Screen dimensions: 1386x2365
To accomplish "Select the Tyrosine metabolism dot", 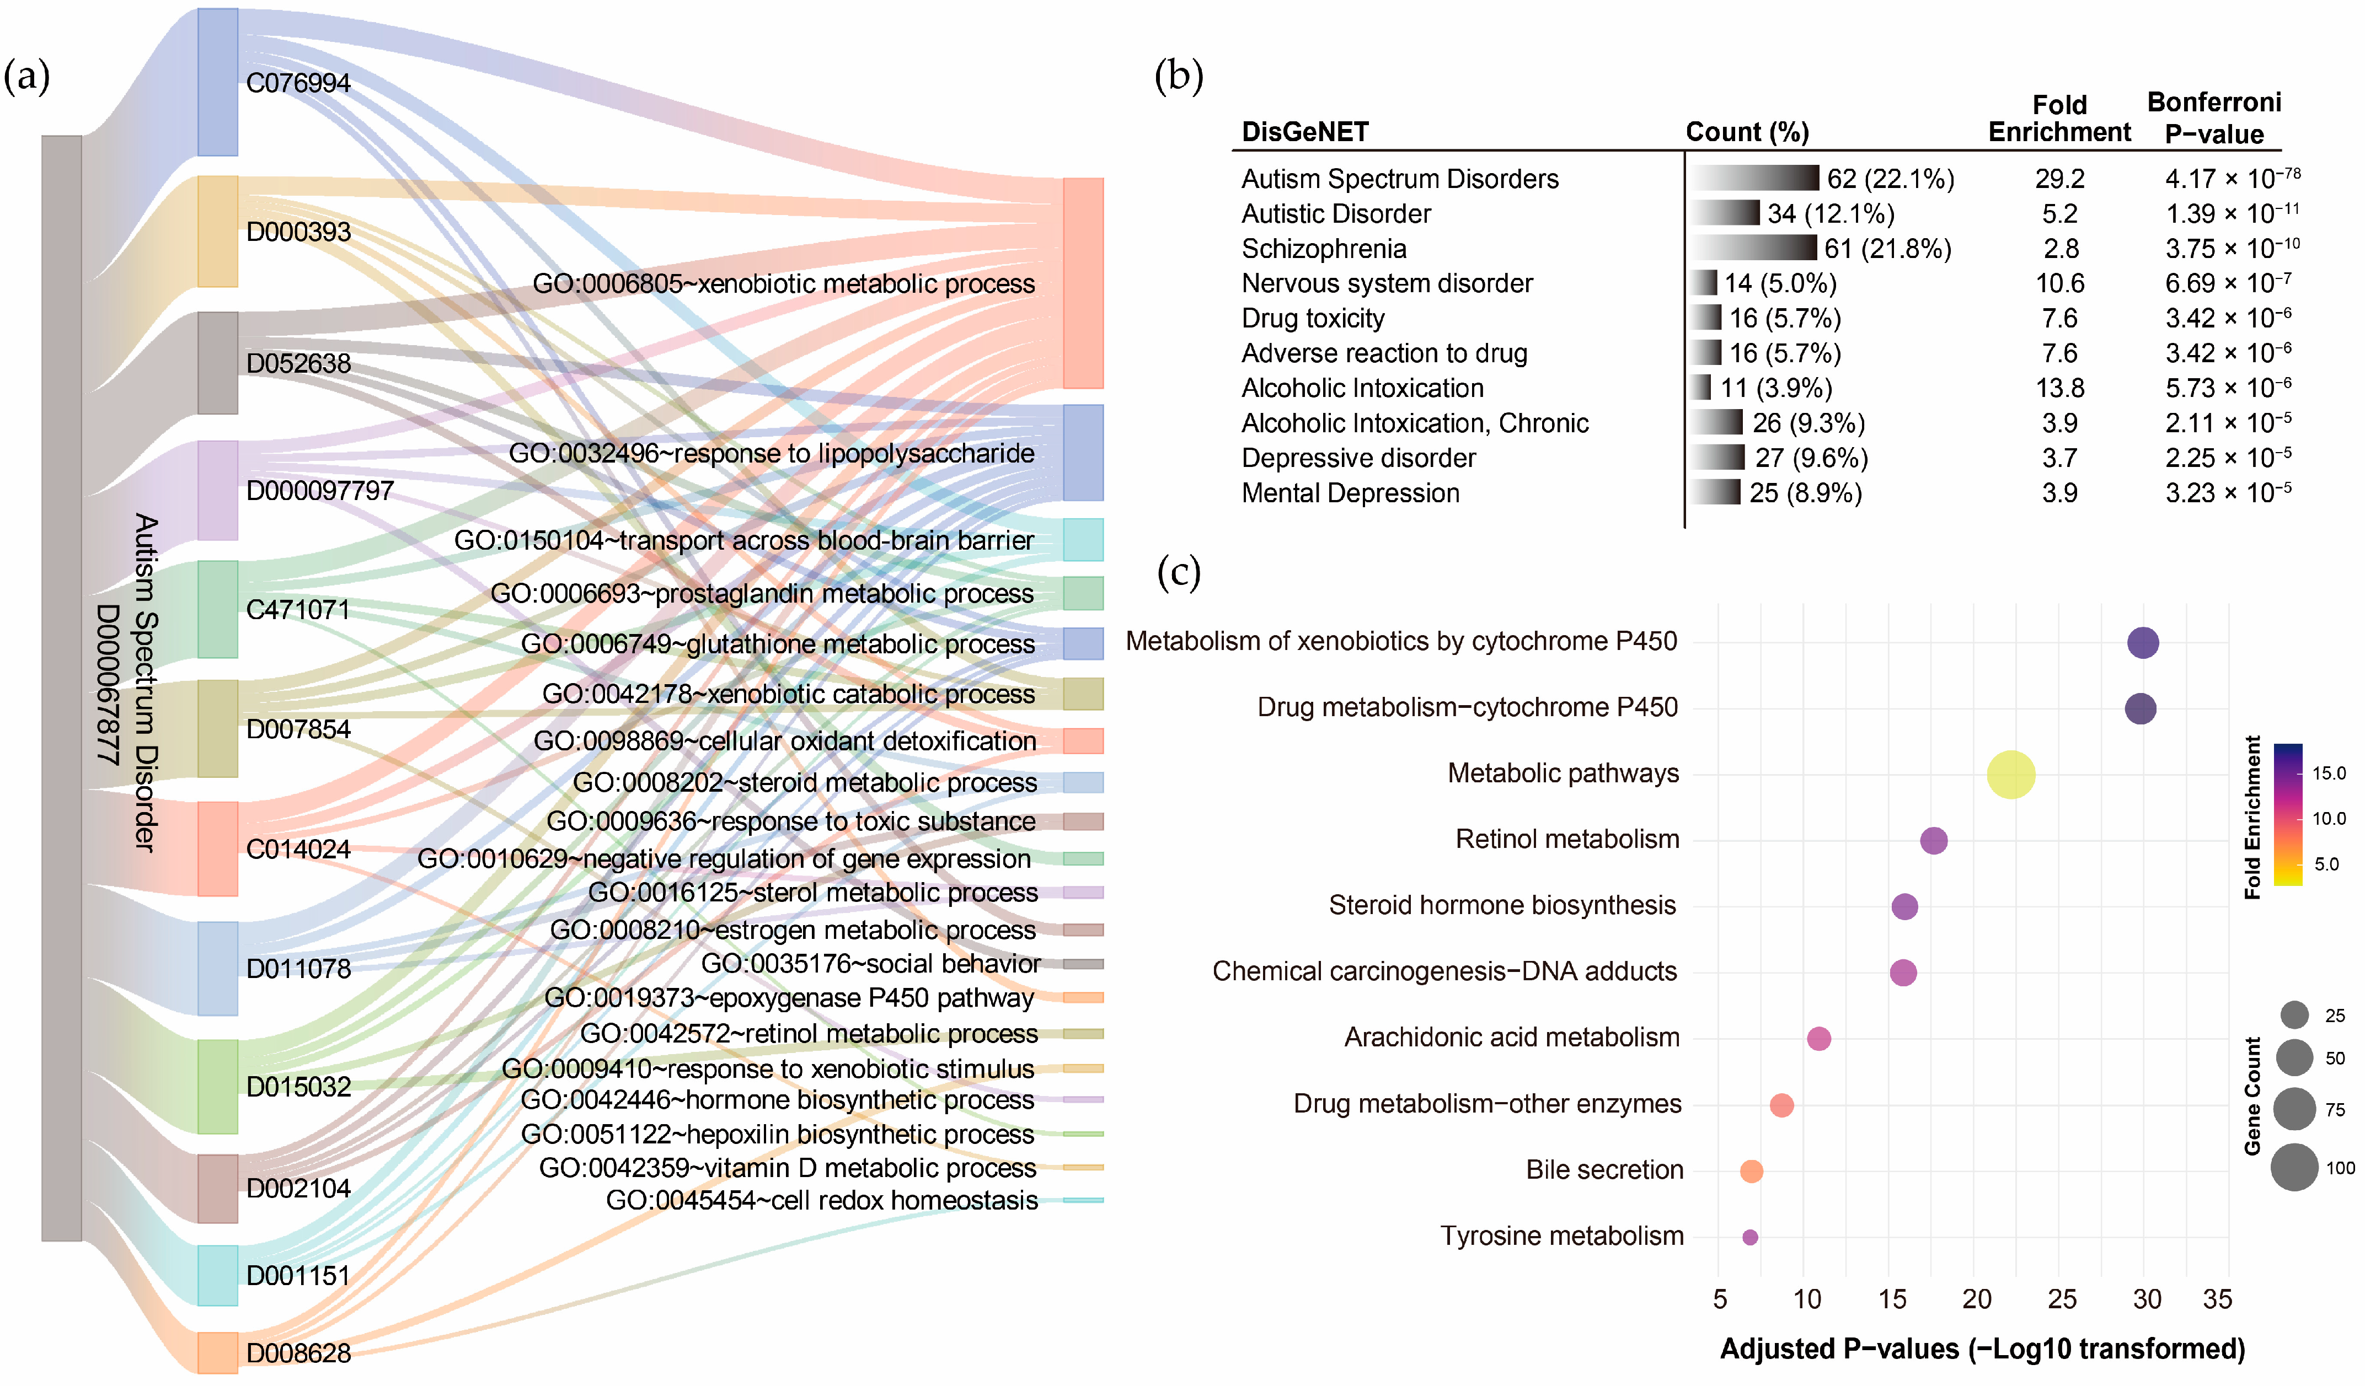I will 1749,1237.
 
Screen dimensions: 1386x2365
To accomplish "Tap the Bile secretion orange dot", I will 1751,1171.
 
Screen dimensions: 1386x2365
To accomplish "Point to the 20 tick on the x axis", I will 1977,1299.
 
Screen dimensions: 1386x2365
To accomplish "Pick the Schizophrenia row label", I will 1323,249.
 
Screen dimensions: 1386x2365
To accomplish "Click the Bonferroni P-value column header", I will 2214,117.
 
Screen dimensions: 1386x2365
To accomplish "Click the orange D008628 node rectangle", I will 218,1352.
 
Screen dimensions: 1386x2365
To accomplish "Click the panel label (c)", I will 1179,572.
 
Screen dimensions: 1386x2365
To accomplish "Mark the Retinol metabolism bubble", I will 1933,841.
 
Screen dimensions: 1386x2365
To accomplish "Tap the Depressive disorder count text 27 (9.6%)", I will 1811,458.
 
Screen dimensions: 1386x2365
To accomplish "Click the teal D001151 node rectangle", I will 218,1275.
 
